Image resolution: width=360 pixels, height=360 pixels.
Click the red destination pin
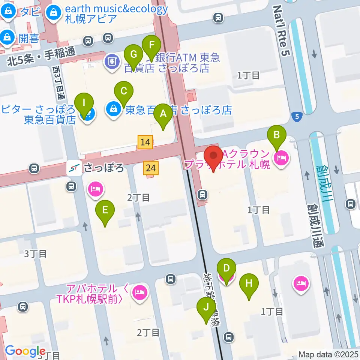(214, 158)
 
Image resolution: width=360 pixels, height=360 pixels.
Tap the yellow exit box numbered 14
(145, 142)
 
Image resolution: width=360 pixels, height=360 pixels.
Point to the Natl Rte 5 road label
(282, 31)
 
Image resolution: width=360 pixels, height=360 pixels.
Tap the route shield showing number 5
(297, 117)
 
